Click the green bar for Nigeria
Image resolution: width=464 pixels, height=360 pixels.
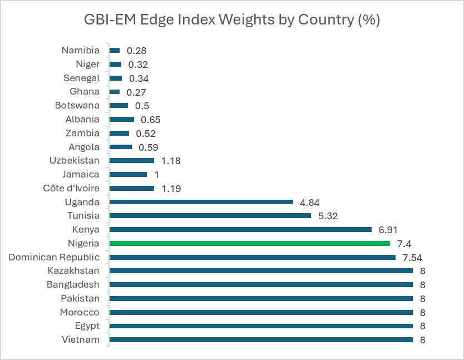[x=249, y=243]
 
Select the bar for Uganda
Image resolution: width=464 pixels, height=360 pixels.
[x=201, y=202]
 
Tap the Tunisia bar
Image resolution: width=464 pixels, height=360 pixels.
[x=210, y=215]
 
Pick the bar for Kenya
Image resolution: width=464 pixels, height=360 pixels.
[x=240, y=229]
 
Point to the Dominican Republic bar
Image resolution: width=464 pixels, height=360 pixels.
[x=253, y=257]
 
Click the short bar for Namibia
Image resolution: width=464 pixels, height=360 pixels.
[x=115, y=51]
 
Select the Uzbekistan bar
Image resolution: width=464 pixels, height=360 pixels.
[x=132, y=160]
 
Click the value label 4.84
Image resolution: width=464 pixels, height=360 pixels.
[x=309, y=203]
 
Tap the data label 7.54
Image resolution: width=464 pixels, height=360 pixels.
[x=412, y=258]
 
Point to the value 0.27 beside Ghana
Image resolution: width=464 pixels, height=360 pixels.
[x=136, y=92]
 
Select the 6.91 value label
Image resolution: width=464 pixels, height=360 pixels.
[x=388, y=230]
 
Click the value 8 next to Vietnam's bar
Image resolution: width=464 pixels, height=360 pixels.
[x=423, y=340]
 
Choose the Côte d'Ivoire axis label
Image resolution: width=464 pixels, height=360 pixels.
[x=71, y=188]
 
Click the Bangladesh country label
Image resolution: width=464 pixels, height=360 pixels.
[x=73, y=284]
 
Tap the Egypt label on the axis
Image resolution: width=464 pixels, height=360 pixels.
[x=87, y=326]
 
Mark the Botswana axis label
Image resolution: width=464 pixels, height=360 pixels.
[x=77, y=105]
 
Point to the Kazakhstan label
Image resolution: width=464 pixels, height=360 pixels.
[x=73, y=270]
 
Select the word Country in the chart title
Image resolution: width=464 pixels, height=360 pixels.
[x=326, y=20]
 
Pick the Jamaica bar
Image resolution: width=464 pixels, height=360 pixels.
[x=128, y=174]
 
